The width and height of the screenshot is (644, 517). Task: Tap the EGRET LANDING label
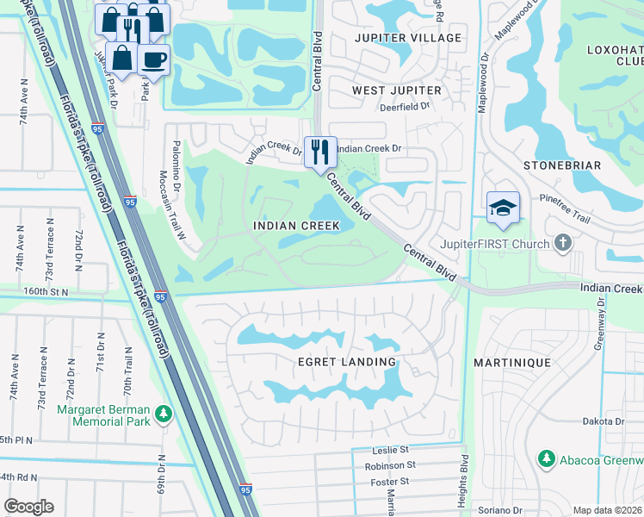(348, 362)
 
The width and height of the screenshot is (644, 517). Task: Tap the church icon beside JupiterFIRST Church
(563, 243)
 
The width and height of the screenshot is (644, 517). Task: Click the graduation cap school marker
(503, 207)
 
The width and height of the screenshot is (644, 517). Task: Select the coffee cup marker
(153, 59)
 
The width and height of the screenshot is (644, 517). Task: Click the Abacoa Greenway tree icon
(544, 458)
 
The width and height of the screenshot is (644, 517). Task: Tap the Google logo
(28, 507)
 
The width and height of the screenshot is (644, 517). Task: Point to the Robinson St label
(390, 465)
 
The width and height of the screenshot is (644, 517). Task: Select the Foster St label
(389, 482)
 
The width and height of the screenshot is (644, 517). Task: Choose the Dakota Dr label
(603, 421)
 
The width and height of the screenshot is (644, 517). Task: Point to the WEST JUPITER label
(396, 90)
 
